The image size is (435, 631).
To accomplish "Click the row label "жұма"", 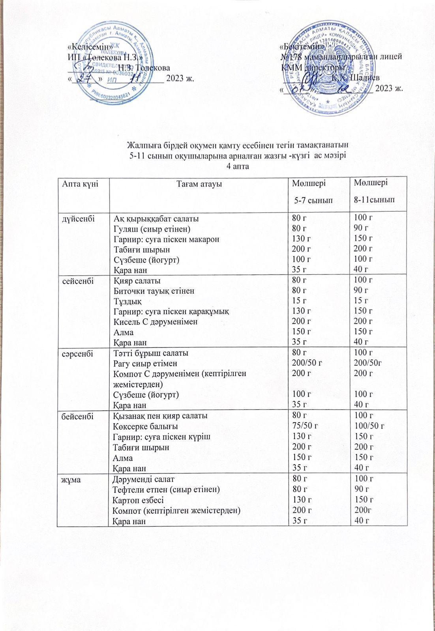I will click(69, 480).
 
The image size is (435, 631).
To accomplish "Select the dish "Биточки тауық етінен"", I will click(154, 291).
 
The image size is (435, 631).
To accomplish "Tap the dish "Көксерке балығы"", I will click(145, 426).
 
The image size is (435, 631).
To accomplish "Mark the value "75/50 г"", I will click(305, 426).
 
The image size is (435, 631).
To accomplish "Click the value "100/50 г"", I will click(369, 426).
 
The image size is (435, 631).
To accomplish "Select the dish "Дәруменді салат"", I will click(143, 480).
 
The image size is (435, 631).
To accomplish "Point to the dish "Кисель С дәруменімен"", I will click(155, 322).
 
